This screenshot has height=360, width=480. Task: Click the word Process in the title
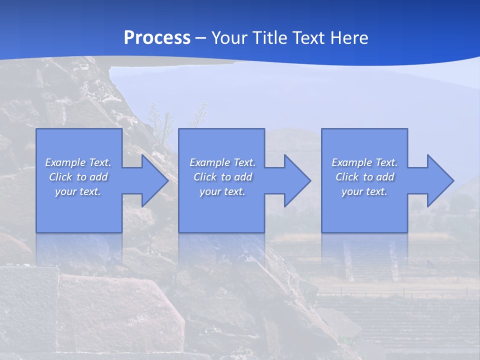click(157, 38)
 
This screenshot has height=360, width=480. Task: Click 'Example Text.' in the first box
click(78, 162)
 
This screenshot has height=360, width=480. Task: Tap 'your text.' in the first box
click(78, 191)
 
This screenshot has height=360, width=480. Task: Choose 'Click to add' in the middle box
click(222, 177)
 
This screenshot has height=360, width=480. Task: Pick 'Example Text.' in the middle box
click(222, 162)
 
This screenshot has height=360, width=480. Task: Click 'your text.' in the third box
click(364, 191)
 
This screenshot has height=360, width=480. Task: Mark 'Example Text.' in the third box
click(364, 162)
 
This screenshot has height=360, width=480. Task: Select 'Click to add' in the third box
click(364, 177)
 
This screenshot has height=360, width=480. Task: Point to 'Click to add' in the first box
click(78, 177)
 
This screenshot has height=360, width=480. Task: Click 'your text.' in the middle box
click(222, 191)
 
